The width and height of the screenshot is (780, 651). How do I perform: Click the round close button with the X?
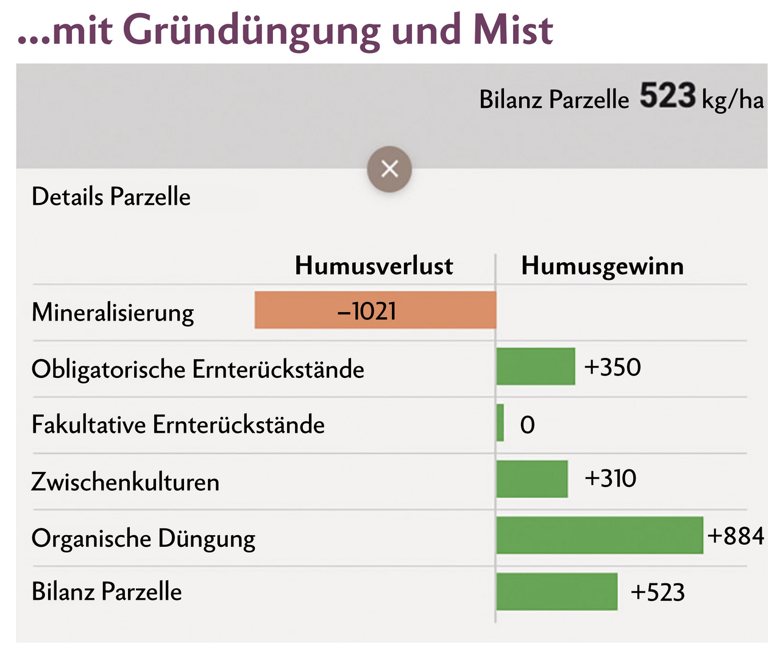click(x=389, y=169)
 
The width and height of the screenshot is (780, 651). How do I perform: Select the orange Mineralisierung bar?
click(x=375, y=310)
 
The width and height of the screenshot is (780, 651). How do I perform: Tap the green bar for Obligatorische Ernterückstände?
click(x=536, y=366)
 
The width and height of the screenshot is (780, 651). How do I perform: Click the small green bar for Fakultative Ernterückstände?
click(x=500, y=422)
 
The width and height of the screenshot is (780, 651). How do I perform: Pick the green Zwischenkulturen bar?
click(x=532, y=478)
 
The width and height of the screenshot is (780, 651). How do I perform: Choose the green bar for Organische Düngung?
click(x=600, y=535)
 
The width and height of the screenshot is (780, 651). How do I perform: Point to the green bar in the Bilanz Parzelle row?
click(x=557, y=591)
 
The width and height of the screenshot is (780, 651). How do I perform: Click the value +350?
click(x=612, y=367)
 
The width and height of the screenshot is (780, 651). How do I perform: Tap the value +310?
click(x=611, y=478)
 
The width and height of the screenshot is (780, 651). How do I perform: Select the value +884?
click(x=736, y=536)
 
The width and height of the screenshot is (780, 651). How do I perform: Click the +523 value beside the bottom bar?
click(x=658, y=592)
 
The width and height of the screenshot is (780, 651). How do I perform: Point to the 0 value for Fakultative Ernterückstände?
click(x=528, y=425)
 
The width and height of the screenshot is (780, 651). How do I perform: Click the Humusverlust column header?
click(x=374, y=266)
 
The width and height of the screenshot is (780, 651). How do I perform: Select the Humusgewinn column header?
click(x=603, y=266)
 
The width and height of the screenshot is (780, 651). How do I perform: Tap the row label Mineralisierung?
click(x=113, y=313)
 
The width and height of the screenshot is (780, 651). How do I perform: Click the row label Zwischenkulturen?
click(x=126, y=482)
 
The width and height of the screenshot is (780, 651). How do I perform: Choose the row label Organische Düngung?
click(x=143, y=539)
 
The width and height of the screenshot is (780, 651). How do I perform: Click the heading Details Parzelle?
click(x=111, y=197)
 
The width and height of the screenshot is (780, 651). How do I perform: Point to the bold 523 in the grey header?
click(x=667, y=96)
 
